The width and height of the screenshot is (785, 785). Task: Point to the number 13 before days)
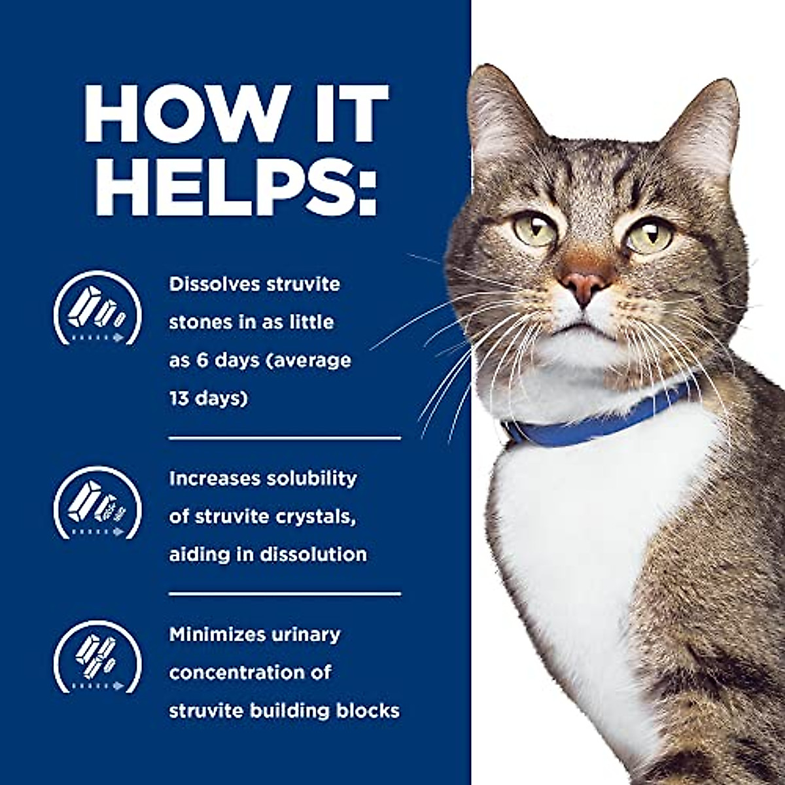[179, 398]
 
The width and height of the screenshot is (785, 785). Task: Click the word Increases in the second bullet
[213, 478]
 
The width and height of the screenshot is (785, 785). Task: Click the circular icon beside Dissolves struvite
[97, 308]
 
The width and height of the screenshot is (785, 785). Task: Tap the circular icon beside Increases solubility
[97, 502]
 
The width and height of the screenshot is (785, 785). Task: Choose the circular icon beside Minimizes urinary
[97, 657]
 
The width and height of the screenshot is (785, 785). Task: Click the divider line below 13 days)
[285, 438]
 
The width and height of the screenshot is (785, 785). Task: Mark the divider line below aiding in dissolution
[285, 594]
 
